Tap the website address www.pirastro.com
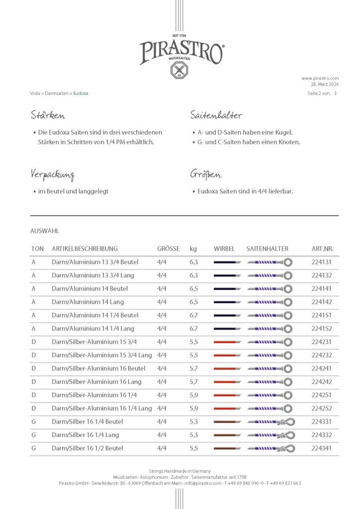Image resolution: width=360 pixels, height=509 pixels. point(320,78)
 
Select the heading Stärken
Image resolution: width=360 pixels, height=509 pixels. point(48,116)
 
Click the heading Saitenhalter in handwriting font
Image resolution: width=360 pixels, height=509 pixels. point(216,116)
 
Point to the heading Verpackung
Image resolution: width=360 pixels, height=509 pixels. point(53,175)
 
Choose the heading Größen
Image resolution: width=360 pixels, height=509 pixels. point(205,175)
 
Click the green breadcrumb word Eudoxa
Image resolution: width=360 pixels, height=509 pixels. point(81,93)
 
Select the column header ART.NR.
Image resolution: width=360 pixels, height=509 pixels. point(323,249)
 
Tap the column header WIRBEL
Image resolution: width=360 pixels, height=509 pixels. point(224,249)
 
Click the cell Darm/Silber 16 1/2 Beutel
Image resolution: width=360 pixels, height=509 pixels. point(87,448)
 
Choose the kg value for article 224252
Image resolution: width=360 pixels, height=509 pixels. point(193,409)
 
